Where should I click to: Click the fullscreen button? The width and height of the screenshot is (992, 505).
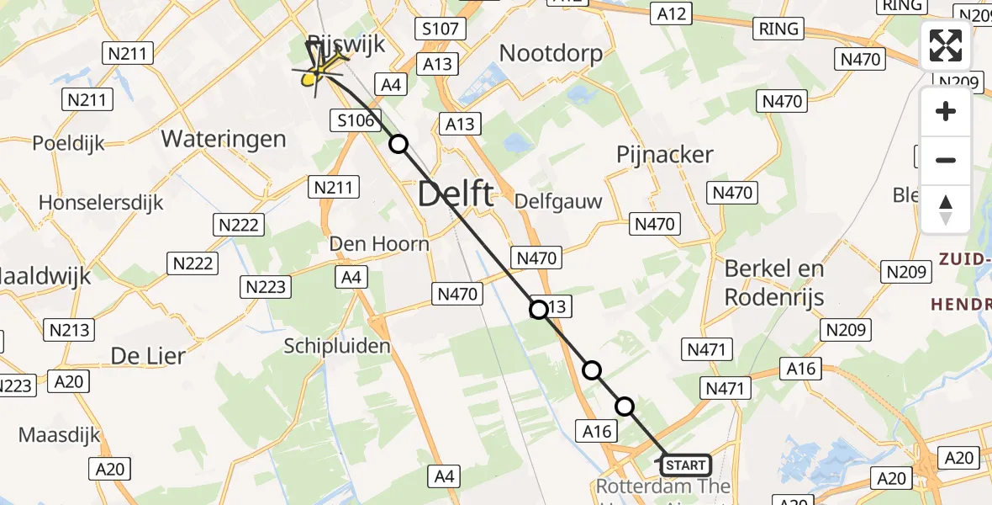click(x=946, y=45)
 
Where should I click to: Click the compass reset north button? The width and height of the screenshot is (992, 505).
click(x=946, y=210)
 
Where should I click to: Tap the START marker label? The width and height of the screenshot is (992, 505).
click(x=686, y=465)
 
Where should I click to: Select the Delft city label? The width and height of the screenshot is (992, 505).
click(x=456, y=195)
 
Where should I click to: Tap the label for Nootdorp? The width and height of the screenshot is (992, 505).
click(x=551, y=54)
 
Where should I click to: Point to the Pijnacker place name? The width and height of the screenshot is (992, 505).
click(x=664, y=155)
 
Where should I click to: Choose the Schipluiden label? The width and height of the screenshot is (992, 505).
click(x=337, y=346)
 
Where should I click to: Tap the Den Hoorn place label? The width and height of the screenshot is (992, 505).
click(x=379, y=244)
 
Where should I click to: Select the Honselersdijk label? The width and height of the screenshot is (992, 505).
click(x=101, y=203)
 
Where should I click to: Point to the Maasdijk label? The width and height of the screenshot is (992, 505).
click(x=59, y=435)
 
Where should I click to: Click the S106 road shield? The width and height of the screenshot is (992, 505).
click(x=357, y=120)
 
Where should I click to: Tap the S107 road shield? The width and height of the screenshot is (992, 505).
click(x=441, y=29)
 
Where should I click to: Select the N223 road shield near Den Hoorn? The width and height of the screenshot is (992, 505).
click(x=265, y=288)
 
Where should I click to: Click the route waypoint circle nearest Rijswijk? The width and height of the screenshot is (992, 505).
click(x=398, y=145)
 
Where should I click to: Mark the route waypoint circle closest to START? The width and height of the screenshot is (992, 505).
click(x=625, y=407)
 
